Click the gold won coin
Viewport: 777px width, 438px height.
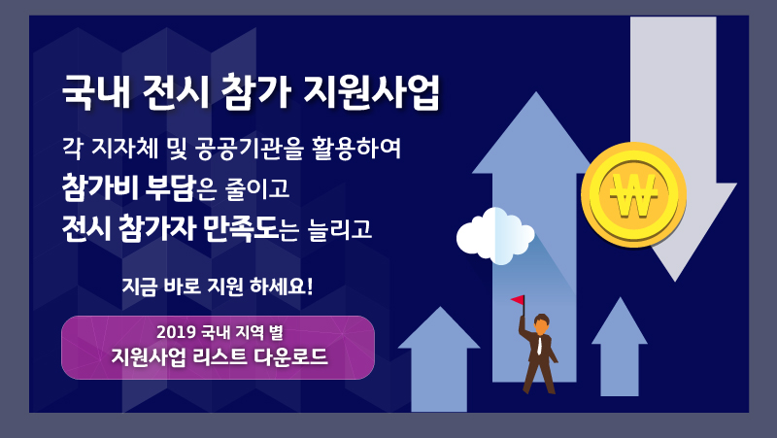[x=634, y=194]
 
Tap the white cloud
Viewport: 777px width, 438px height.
[x=495, y=236]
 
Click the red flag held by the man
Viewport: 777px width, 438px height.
[x=518, y=300]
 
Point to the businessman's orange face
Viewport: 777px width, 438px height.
[x=541, y=327]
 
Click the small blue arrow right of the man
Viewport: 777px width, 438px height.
[x=620, y=347]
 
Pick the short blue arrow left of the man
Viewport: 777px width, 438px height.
[x=439, y=359]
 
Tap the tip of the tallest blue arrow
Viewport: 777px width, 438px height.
[x=536, y=92]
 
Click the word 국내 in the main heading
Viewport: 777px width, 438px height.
[x=95, y=92]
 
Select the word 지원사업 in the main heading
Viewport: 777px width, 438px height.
[x=371, y=92]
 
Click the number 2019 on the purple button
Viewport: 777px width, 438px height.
[x=176, y=332]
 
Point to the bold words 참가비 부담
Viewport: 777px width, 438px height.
[x=128, y=187]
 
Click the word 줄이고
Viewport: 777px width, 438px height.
[x=257, y=188]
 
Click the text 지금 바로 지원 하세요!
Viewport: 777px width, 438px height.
[x=218, y=286]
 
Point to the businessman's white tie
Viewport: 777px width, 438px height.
[x=539, y=345]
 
